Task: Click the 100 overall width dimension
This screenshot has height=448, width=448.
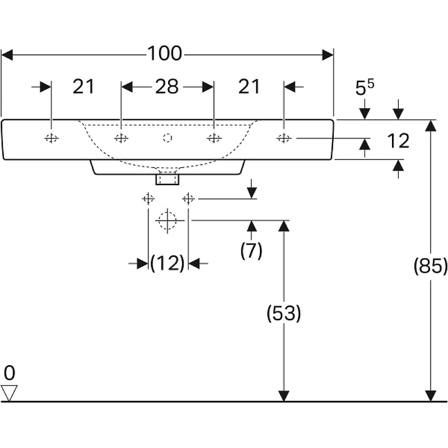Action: pos(165,54)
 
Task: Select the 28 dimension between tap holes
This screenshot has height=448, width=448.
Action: pos(167,87)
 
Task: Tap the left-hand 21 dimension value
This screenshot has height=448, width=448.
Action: pos(83,87)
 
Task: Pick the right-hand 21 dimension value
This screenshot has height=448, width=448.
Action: pos(249,87)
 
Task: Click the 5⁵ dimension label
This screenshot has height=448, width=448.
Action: pos(365,87)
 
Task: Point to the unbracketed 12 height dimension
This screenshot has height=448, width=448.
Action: pos(398,141)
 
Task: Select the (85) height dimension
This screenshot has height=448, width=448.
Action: pos(430,267)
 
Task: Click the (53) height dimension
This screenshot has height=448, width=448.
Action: pos(284,314)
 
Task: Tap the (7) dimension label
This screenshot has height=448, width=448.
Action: pos(251,251)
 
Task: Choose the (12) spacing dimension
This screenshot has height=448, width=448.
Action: pos(167,263)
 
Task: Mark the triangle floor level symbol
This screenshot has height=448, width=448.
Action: pos(10,393)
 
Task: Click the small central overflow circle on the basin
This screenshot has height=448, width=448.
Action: pos(167,138)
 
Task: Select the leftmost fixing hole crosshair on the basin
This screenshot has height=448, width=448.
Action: pos(51,138)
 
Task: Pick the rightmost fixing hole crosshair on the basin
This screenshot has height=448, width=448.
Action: pos(284,138)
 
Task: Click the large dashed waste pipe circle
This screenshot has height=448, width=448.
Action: pos(167,220)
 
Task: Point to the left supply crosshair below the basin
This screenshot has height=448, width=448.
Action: pos(148,198)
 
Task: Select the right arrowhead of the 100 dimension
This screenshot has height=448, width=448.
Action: pos(328,54)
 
